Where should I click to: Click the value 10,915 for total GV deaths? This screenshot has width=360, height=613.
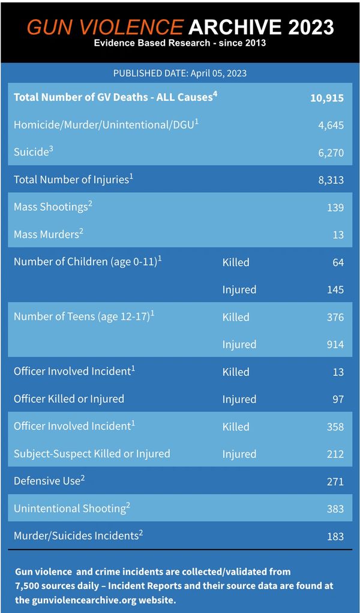(x=327, y=98)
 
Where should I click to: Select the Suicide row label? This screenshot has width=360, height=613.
(x=31, y=152)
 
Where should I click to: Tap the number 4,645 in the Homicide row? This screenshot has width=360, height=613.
(x=331, y=125)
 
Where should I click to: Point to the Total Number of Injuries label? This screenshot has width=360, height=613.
(x=70, y=180)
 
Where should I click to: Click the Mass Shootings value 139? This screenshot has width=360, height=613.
(x=336, y=208)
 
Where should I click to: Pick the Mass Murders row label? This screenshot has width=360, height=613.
(x=46, y=235)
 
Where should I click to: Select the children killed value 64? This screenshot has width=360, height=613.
(x=338, y=262)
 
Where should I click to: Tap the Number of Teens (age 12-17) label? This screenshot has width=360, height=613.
(x=82, y=317)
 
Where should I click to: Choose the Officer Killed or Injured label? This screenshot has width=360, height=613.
(x=69, y=399)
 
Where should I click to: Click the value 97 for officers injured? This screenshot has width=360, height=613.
(x=338, y=399)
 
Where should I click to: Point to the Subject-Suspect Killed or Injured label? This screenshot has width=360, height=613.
(x=92, y=454)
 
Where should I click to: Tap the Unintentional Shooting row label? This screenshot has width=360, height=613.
(x=70, y=509)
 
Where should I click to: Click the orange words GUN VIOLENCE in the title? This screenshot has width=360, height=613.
(x=105, y=26)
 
